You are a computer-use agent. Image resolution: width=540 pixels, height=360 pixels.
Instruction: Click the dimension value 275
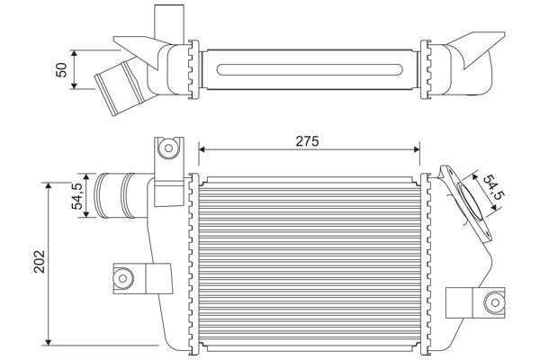(308, 140)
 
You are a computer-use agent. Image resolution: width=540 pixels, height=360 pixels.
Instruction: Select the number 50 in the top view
(61, 69)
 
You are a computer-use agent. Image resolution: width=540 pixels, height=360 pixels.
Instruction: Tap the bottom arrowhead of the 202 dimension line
(47, 342)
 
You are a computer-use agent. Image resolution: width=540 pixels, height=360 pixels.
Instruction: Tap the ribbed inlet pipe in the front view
(113, 193)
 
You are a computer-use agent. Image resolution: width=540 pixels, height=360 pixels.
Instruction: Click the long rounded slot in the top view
(310, 69)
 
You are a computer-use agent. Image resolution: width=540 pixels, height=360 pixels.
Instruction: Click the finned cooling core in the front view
(310, 261)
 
